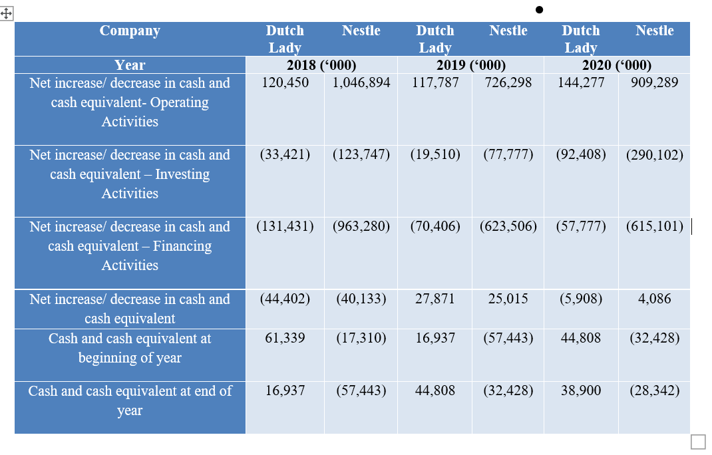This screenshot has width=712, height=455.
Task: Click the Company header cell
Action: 130,31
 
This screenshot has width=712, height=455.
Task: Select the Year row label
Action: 130,65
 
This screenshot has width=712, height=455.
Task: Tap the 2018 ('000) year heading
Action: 321,65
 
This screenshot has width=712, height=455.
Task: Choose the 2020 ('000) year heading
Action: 617,65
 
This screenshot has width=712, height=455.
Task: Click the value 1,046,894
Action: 361,83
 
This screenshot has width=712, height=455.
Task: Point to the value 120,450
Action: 285,83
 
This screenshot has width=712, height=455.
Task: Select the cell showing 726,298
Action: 508,83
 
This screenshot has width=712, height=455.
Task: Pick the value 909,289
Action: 655,83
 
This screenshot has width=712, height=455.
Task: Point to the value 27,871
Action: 435,299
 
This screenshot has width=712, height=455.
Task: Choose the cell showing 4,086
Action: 655,299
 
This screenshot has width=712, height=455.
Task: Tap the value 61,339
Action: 285,338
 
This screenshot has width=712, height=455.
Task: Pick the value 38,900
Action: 581,390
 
